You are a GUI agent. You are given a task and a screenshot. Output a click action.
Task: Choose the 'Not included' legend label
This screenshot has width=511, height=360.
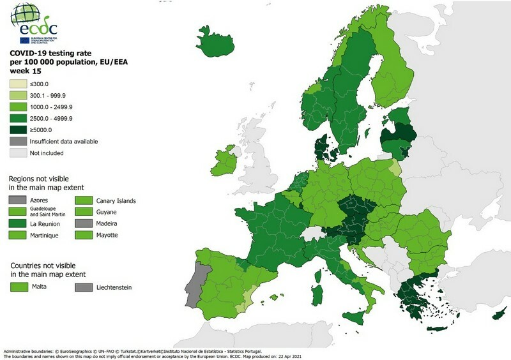pyautogui.click(x=47, y=153)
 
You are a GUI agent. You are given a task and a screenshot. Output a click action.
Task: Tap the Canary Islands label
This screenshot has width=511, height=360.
pyautogui.click(x=115, y=200)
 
